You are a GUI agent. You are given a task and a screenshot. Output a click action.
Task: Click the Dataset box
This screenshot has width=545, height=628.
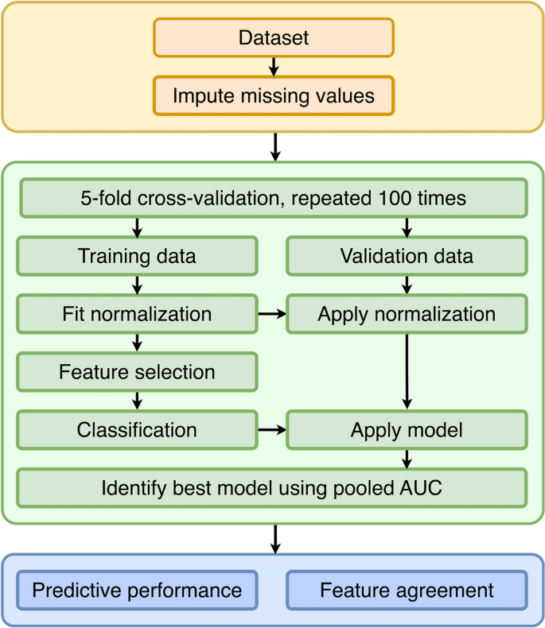[x=273, y=37]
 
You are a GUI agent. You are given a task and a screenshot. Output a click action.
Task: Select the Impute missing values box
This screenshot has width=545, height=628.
[x=273, y=95]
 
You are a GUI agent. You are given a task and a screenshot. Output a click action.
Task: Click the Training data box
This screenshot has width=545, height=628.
[x=137, y=257]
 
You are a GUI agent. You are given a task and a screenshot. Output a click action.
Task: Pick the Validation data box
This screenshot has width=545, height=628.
[x=407, y=257]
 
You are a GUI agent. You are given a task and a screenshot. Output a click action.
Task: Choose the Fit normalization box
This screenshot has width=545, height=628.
[x=137, y=314]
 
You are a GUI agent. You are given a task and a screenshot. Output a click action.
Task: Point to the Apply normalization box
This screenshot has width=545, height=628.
[x=407, y=314]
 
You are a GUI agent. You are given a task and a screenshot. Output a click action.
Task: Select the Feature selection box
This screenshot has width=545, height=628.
[x=137, y=372]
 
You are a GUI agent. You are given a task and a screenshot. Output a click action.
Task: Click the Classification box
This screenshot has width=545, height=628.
[x=137, y=430]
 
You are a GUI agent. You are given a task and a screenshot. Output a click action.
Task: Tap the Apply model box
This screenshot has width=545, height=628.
[x=407, y=430]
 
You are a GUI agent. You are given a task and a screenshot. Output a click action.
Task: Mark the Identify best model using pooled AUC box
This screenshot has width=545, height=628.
[x=272, y=487]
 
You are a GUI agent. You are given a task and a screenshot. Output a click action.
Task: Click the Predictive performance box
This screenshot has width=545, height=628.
[x=137, y=591]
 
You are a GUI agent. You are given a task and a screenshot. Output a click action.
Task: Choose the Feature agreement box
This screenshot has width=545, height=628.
[x=407, y=591]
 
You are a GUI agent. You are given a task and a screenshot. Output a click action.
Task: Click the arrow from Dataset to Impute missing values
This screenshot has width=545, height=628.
[x=273, y=66]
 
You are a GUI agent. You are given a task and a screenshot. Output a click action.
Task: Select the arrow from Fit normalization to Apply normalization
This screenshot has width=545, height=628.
[x=271, y=315]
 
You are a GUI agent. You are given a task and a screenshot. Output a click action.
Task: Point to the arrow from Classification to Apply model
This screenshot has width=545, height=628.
[x=271, y=430]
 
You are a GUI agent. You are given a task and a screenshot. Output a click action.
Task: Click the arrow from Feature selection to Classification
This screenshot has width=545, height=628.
[x=138, y=401]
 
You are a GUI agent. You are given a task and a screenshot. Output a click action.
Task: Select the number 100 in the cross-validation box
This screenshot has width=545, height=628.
[x=397, y=198]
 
